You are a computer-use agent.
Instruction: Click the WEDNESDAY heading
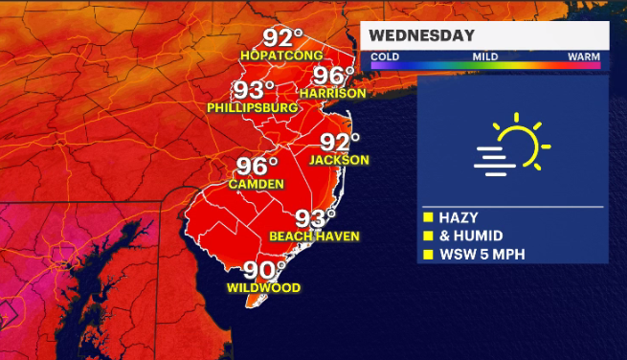click(422, 36)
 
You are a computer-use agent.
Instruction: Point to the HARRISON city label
click(332, 94)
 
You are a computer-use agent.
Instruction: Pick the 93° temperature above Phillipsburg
click(255, 91)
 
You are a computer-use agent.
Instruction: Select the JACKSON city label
click(340, 160)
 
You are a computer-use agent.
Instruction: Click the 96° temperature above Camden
click(258, 166)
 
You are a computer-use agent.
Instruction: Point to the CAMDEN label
click(256, 184)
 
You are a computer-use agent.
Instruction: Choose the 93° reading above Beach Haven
click(316, 218)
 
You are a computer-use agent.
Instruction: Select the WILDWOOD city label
click(264, 288)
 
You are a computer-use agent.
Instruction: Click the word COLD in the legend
click(385, 57)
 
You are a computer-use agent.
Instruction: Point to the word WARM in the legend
click(584, 57)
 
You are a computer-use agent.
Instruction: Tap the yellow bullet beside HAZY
click(429, 217)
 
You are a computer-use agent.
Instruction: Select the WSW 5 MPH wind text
click(484, 255)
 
